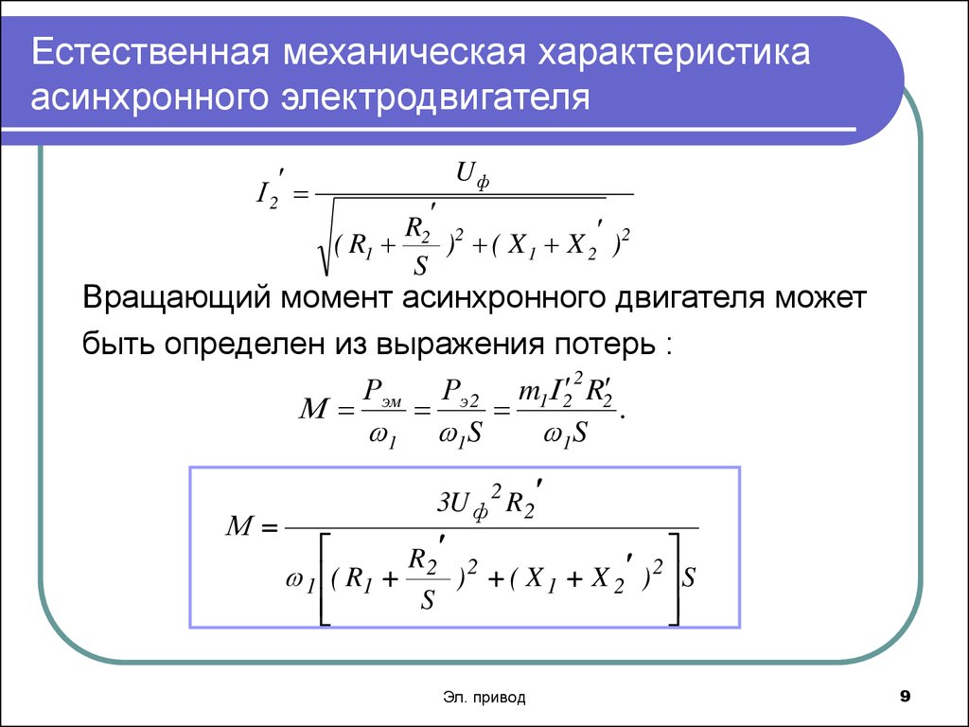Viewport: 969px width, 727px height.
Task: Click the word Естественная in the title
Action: click(150, 51)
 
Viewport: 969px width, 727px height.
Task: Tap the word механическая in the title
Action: click(404, 53)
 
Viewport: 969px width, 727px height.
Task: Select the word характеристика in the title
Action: click(674, 53)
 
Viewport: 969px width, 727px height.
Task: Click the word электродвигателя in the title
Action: click(435, 98)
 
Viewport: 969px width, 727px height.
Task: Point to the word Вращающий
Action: click(177, 298)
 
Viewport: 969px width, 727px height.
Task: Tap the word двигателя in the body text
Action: click(688, 299)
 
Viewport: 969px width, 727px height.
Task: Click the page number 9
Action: click(906, 697)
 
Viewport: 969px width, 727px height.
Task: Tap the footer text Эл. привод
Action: click(484, 698)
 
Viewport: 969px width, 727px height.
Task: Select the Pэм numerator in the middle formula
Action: click(382, 392)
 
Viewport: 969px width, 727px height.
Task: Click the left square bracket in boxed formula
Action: click(326, 578)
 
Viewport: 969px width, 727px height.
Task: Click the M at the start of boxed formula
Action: click(239, 525)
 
